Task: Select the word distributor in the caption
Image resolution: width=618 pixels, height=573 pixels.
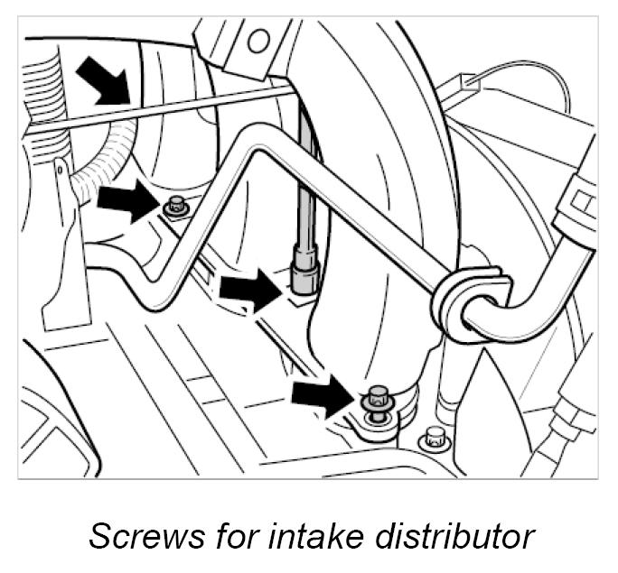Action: click(451, 535)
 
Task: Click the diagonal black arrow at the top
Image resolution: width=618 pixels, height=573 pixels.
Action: click(100, 80)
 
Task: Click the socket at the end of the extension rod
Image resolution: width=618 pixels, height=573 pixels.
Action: click(302, 269)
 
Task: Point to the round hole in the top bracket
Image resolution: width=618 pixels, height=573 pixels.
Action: click(259, 39)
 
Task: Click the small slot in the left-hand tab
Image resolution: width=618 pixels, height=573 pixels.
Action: click(59, 168)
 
